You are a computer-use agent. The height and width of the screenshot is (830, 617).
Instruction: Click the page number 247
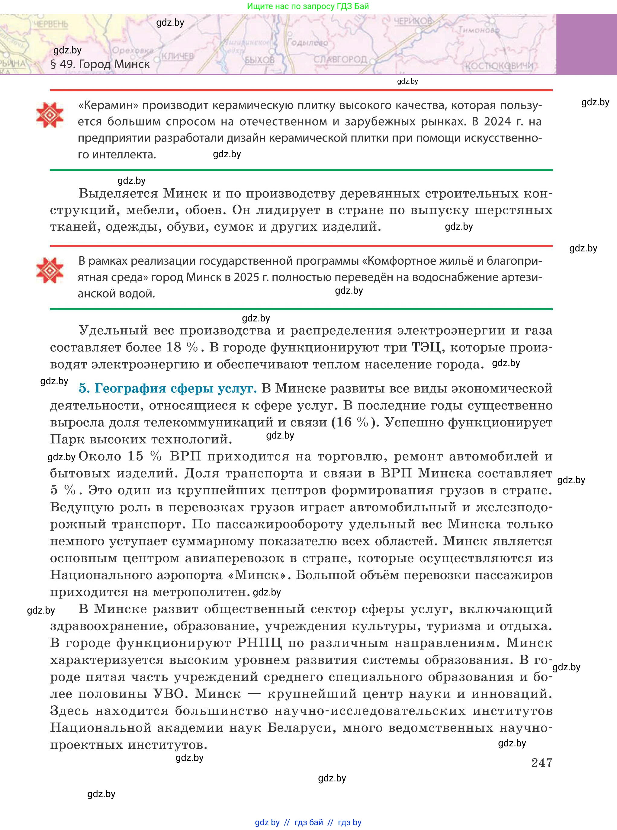(x=541, y=762)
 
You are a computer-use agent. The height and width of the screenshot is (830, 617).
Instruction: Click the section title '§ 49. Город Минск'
(x=100, y=64)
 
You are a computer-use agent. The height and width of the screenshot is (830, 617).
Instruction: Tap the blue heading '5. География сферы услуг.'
(x=168, y=388)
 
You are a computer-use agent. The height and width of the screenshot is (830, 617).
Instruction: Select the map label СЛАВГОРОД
(x=340, y=59)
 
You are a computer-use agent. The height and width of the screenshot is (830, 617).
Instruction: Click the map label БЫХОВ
(x=259, y=60)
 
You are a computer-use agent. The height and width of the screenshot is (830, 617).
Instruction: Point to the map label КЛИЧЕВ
(x=177, y=56)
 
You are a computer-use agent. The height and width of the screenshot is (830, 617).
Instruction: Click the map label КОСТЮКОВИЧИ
(x=499, y=66)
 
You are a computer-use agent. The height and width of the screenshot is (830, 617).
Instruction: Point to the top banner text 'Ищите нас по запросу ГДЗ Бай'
(x=308, y=6)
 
